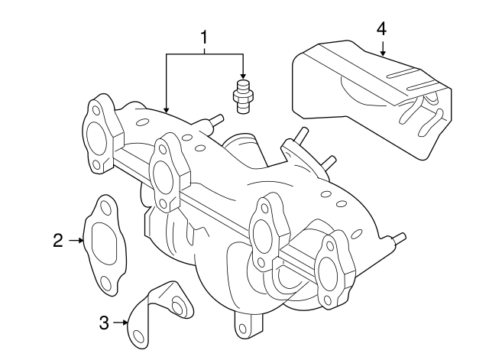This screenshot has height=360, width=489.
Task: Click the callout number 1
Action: pos(204,37)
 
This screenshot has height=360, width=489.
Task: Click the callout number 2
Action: pos(58,241)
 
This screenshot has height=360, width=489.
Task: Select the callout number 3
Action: pos(105,323)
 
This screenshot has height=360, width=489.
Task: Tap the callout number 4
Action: pos(381,29)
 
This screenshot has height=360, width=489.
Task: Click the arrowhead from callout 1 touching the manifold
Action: pos(166,110)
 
